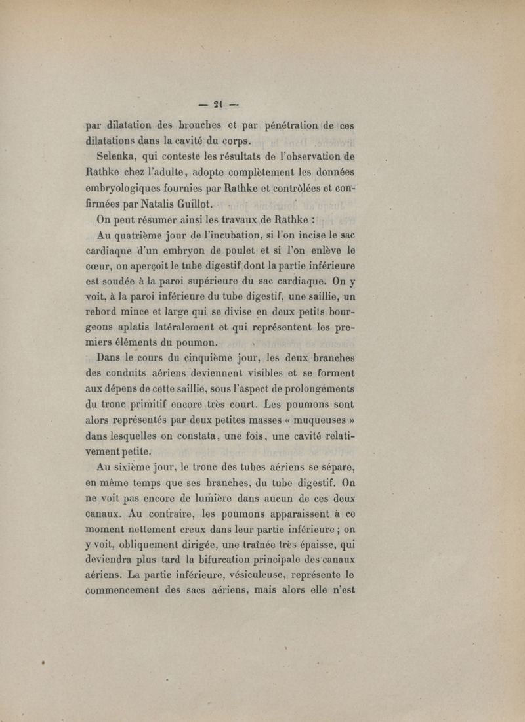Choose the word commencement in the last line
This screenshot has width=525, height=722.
[x=131, y=595]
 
